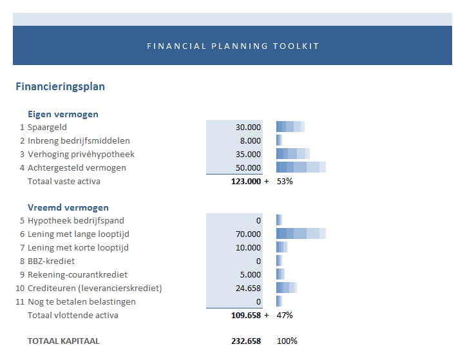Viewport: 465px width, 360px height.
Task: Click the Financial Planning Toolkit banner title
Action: point(232,46)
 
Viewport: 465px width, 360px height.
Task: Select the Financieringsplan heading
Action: point(60,86)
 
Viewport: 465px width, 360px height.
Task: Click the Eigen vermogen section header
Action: point(62,114)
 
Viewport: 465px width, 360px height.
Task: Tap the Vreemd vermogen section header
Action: point(68,207)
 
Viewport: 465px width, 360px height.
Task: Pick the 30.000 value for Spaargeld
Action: point(248,128)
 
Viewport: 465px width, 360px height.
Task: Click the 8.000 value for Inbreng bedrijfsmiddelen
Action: point(251,140)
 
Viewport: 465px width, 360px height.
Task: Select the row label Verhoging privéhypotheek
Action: point(81,154)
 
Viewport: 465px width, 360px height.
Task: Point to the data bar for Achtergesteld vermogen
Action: point(301,167)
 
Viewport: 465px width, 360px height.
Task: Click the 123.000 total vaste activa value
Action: point(245,182)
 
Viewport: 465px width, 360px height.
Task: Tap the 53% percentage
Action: point(285,182)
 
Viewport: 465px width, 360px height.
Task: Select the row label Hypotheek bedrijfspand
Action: point(75,221)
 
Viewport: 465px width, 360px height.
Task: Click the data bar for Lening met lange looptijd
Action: point(301,234)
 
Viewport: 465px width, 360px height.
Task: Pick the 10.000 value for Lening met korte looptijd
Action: point(248,248)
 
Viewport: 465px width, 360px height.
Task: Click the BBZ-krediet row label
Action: point(51,261)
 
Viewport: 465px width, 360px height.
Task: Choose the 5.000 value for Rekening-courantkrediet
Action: point(251,274)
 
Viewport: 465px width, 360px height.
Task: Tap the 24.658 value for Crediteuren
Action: point(248,288)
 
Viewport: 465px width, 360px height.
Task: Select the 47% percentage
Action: point(285,316)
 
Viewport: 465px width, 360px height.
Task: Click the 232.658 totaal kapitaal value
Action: point(245,341)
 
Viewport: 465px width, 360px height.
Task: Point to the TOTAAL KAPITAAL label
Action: point(63,341)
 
